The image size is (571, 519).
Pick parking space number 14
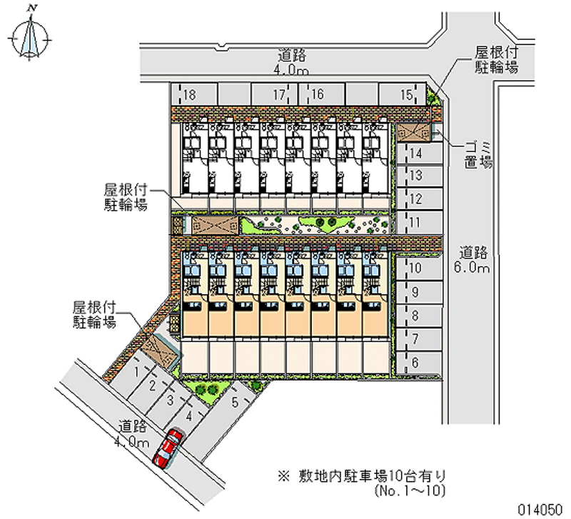416,153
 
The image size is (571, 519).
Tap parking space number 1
135,372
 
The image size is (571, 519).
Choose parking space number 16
318,95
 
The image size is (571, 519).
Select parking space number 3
170,400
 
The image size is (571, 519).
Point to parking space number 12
416,198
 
